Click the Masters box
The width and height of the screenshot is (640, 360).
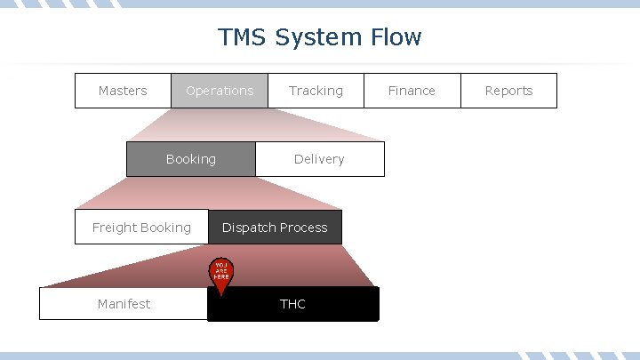tap(123, 91)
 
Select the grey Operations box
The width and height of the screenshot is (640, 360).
tap(220, 91)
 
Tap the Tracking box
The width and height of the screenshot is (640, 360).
tap(316, 91)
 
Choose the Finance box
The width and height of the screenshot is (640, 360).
tap(412, 91)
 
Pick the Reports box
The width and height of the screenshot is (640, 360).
tap(508, 91)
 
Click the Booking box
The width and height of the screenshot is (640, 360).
tap(190, 159)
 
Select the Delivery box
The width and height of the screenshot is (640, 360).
tap(319, 159)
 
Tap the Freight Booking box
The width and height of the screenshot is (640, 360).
tap(141, 228)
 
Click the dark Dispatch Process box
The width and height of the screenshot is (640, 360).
tap(275, 228)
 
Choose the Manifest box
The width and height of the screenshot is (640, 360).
tap(124, 304)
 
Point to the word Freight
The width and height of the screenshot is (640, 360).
tap(116, 228)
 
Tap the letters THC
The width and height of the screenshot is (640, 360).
tap(292, 304)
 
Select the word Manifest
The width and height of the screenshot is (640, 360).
tap(124, 304)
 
